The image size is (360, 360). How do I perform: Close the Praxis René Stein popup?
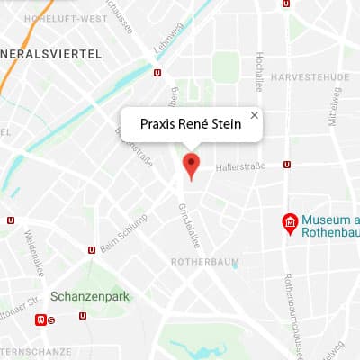254,115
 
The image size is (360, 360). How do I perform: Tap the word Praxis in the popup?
159,124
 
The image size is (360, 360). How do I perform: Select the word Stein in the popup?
225,124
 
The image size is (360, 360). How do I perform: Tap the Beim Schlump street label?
125,235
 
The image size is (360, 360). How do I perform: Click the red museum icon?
291,223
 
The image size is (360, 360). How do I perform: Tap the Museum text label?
329,219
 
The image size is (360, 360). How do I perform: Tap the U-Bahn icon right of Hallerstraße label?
286,165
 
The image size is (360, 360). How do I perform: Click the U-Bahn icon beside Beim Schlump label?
91,251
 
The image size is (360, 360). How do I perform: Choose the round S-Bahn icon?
51,319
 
